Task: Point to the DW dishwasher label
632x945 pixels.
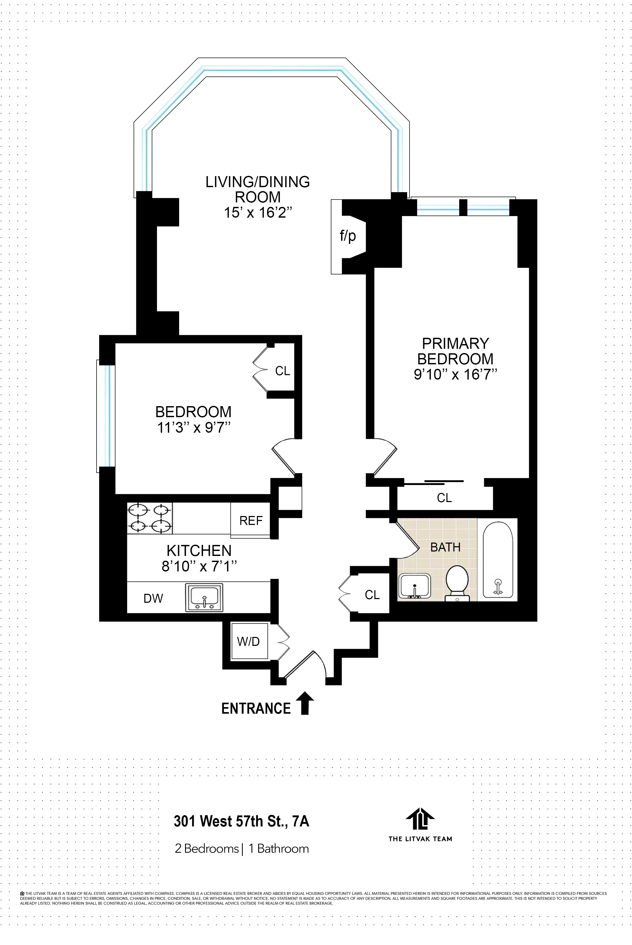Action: (153, 599)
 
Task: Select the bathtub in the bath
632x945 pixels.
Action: (498, 560)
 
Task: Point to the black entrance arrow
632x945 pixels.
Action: (305, 703)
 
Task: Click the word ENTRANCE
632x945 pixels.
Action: (256, 708)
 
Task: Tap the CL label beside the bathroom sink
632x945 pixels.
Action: (372, 595)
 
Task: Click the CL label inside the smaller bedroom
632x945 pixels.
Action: (282, 371)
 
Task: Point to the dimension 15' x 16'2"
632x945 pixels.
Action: (257, 212)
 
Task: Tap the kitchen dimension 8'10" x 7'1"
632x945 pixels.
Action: (199, 566)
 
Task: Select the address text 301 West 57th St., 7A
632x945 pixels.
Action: (241, 821)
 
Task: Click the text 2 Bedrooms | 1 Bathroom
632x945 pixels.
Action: (242, 849)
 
